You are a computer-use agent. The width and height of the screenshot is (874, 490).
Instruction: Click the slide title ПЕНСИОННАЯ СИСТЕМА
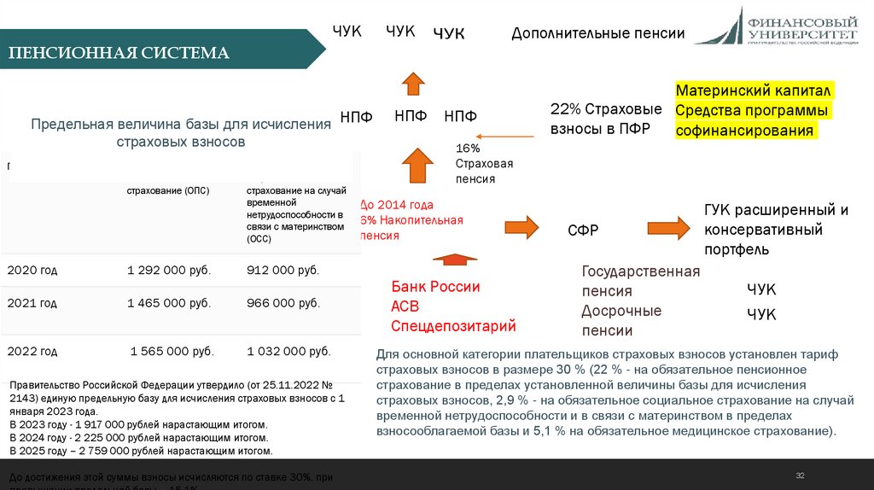tap(119, 53)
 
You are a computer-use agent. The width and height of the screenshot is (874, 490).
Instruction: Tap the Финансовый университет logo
tap(780, 26)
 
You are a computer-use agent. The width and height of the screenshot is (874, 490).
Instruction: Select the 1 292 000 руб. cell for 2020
tap(169, 271)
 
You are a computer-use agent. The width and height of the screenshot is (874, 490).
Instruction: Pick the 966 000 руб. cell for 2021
tap(283, 303)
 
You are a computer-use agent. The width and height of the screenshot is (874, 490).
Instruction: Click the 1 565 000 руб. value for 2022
tap(172, 351)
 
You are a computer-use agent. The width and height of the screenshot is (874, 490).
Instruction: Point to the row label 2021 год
tap(32, 303)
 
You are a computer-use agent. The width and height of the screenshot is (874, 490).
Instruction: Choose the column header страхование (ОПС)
tap(168, 190)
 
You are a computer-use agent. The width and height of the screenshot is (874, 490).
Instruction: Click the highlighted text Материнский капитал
tap(754, 90)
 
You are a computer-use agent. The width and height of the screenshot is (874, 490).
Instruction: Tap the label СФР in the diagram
tap(583, 230)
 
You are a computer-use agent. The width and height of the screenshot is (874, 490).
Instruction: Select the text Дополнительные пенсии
tap(598, 33)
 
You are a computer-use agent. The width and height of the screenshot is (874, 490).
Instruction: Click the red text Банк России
tap(435, 287)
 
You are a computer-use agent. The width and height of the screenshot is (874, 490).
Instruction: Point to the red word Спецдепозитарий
tap(453, 326)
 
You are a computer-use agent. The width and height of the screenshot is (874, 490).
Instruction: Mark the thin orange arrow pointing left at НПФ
tap(509, 136)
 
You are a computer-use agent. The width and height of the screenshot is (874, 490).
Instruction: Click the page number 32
tap(800, 475)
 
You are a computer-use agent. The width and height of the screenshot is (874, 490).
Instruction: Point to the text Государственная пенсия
tap(640, 281)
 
